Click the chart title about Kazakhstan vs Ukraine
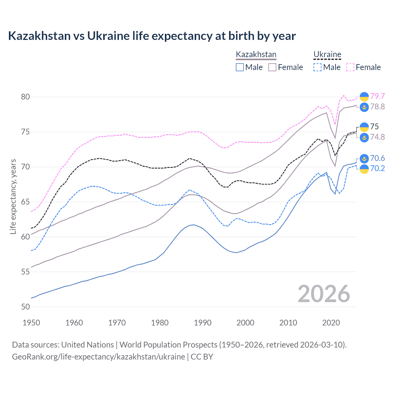(x=152, y=36)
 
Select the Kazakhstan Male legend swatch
(x=240, y=67)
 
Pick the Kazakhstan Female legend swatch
(x=272, y=67)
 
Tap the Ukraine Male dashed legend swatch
(x=317, y=67)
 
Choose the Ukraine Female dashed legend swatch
(x=350, y=67)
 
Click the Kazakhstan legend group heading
(x=256, y=54)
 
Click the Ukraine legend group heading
(x=327, y=54)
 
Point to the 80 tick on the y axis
(x=25, y=97)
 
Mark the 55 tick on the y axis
(x=25, y=272)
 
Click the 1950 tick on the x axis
(x=31, y=323)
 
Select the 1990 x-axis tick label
(x=203, y=323)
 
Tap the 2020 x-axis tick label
(x=331, y=323)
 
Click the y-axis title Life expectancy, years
(x=13, y=196)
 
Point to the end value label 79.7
(x=377, y=96)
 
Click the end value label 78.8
(x=377, y=107)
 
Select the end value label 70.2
(x=377, y=168)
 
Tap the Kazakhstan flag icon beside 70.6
(x=364, y=158)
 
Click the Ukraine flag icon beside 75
(x=364, y=127)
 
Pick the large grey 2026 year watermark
(x=324, y=294)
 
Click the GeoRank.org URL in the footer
(x=98, y=357)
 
